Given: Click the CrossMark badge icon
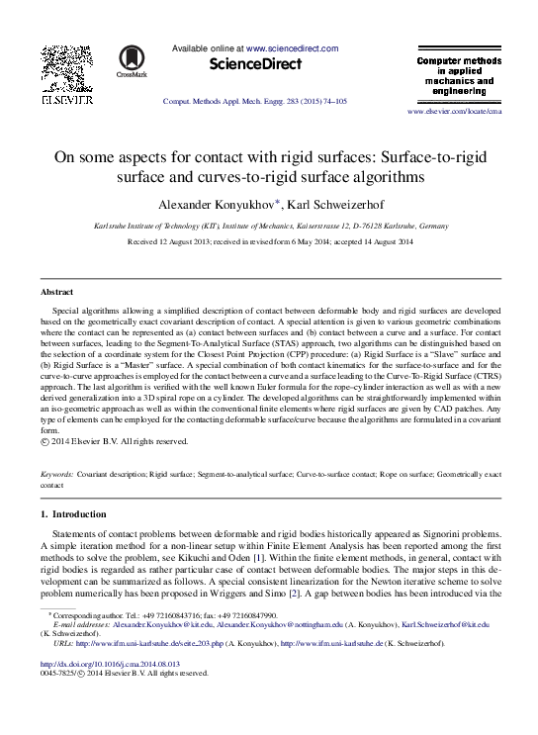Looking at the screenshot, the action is pos(131,61).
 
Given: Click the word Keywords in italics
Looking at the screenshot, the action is pos(56,476).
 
